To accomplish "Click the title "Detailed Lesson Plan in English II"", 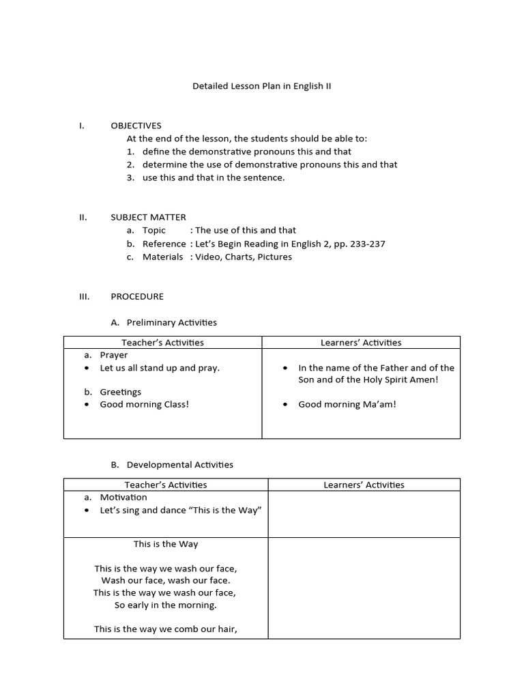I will [262, 87].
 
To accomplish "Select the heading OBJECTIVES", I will [136, 126].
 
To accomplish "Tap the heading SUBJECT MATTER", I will [148, 217].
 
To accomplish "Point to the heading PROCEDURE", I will [137, 296].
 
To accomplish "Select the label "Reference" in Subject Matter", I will [164, 244].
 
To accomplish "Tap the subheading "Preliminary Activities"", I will [172, 322].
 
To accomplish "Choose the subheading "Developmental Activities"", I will [180, 464].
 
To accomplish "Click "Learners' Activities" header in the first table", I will [361, 343].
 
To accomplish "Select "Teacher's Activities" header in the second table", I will [166, 485].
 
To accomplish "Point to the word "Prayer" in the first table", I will [114, 355].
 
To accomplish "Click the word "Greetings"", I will [121, 392].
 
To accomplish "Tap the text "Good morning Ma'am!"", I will [347, 404].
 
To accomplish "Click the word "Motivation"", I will [123, 497].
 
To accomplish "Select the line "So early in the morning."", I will [166, 605].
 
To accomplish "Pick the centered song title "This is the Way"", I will [166, 544].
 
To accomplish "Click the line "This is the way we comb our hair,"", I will [166, 629].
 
